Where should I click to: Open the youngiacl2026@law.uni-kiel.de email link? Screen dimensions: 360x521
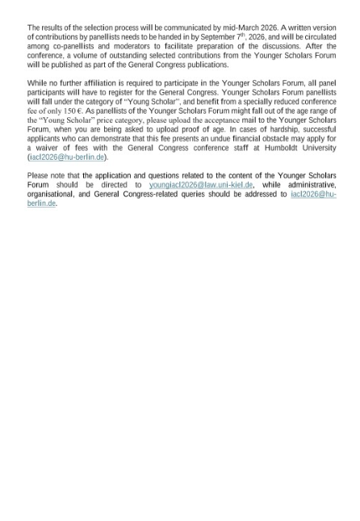click(201, 185)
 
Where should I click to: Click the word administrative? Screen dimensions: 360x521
click(311, 185)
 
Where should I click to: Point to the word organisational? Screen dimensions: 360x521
click(52, 194)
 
